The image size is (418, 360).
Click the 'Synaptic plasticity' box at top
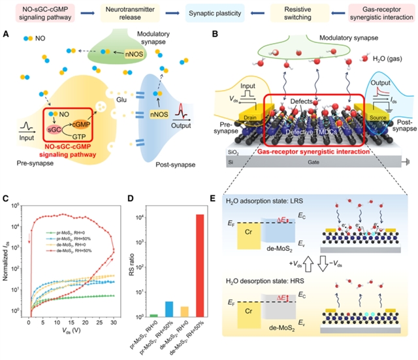click(208, 12)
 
